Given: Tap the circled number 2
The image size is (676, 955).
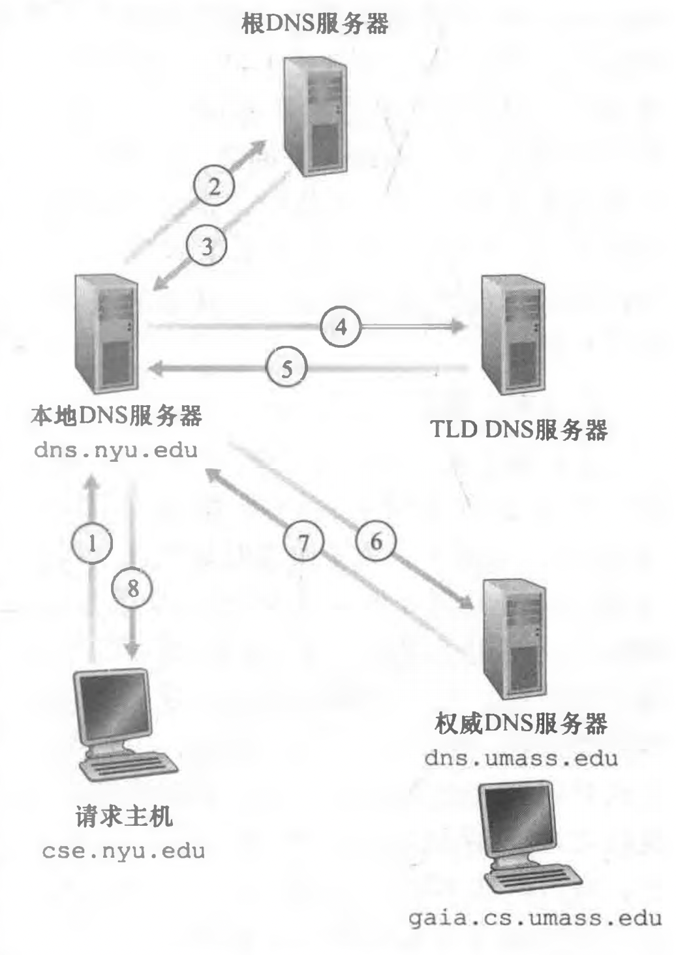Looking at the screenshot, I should click(x=214, y=188).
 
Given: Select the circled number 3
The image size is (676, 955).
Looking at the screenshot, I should click(x=207, y=247).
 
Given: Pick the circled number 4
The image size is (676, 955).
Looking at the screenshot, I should click(x=341, y=325).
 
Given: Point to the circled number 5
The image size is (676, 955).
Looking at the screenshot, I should click(x=287, y=369).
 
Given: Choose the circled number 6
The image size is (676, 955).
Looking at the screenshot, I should click(x=376, y=541).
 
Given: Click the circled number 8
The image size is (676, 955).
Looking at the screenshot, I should click(x=132, y=588).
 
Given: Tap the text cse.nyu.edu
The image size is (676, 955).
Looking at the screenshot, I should click(x=123, y=851).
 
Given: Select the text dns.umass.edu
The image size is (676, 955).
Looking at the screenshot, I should click(x=520, y=758).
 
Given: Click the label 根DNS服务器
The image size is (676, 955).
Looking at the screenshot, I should click(x=315, y=24).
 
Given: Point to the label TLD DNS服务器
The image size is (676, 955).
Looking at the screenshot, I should click(x=519, y=430).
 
